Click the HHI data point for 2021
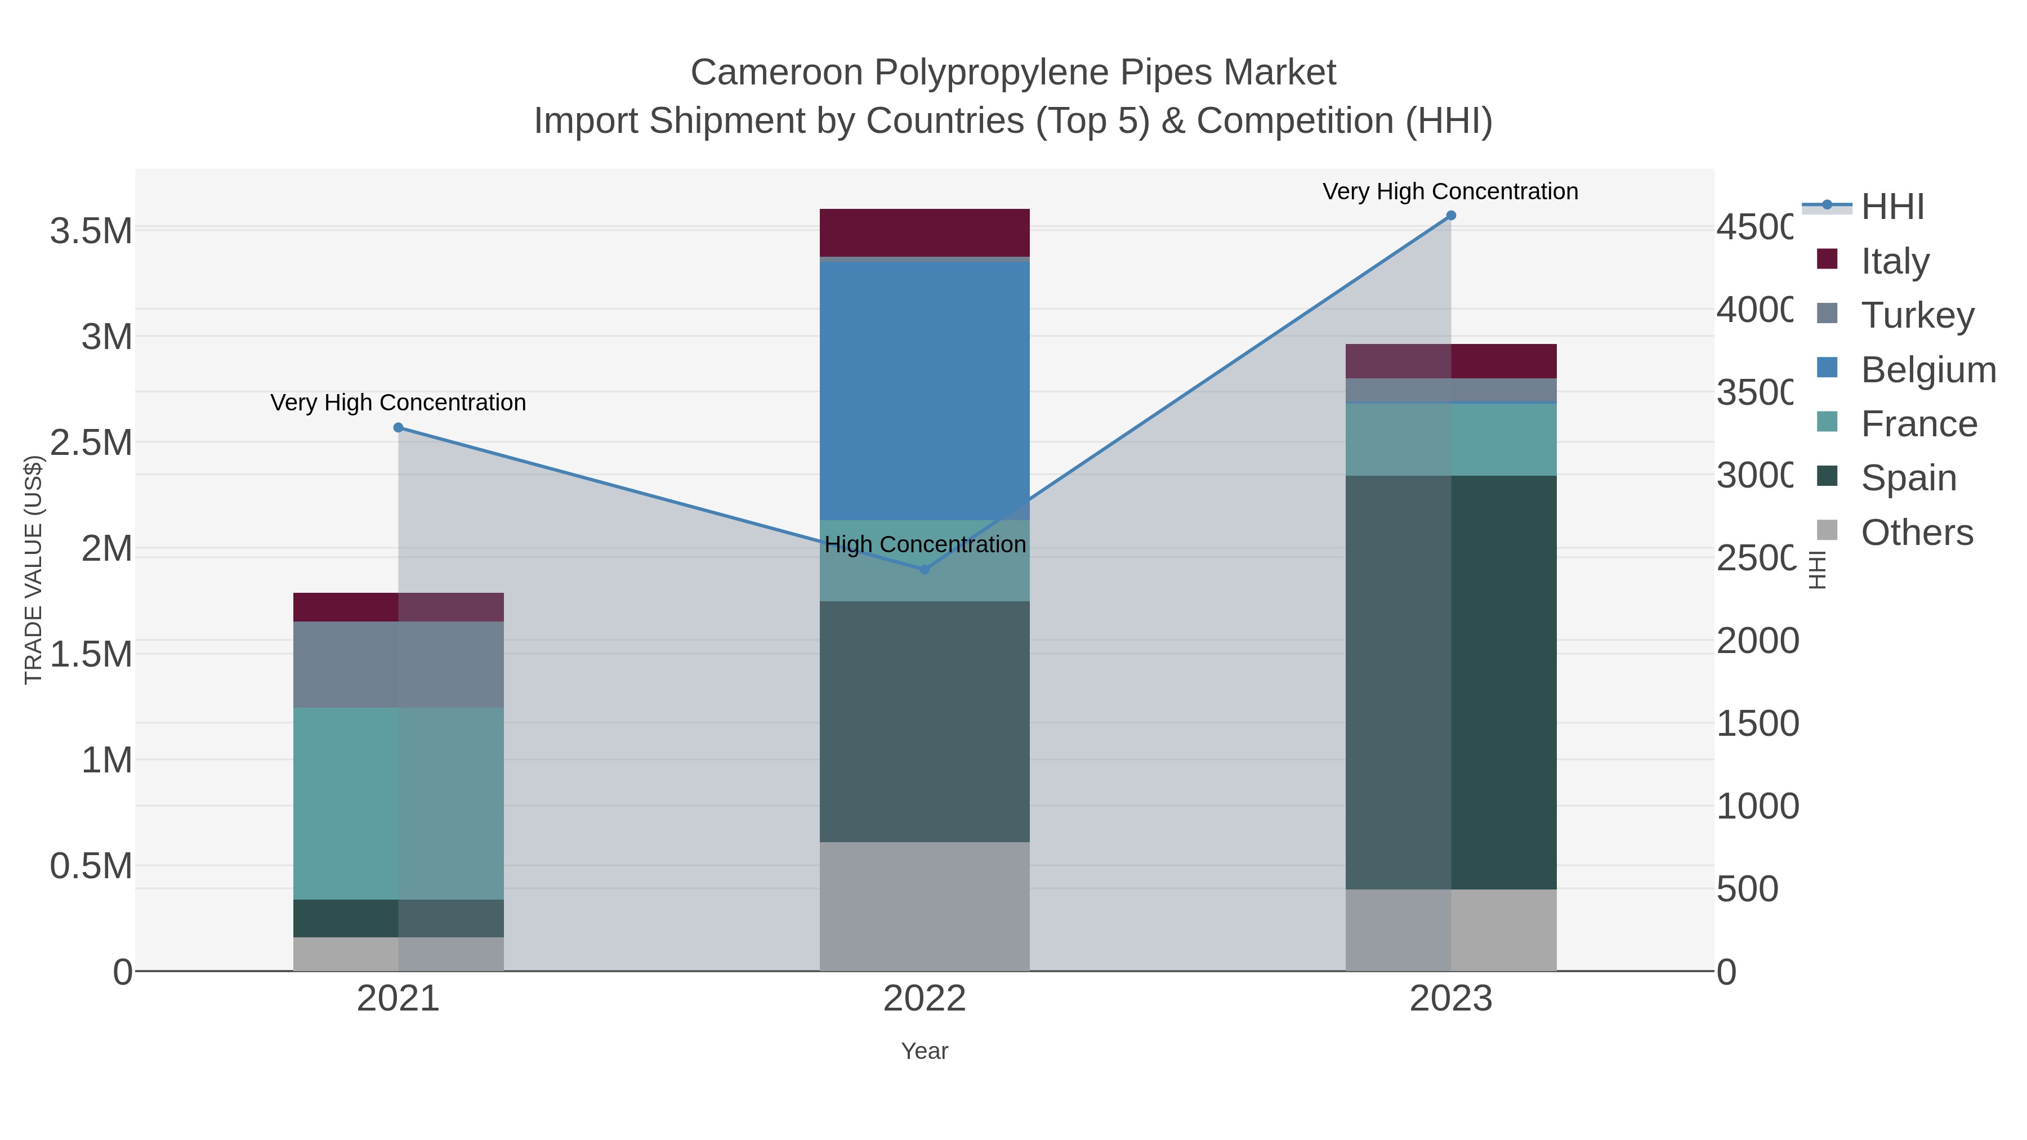click(x=398, y=428)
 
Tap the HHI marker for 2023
click(x=1451, y=216)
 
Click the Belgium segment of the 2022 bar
click(x=925, y=390)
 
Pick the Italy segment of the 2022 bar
click(x=925, y=232)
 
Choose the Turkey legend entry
click(x=1917, y=315)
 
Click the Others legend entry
click(x=1917, y=533)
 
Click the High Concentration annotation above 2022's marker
click(x=925, y=544)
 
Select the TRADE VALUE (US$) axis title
click(x=33, y=570)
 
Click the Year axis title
click(x=925, y=1051)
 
